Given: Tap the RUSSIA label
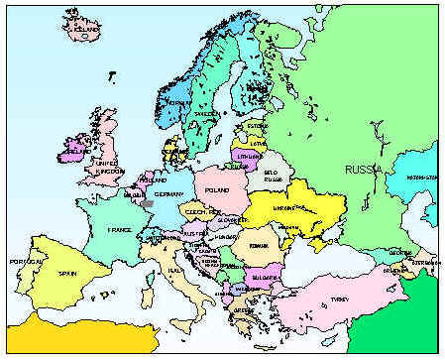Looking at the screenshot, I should click(363, 170).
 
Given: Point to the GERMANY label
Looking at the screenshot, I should click(170, 194).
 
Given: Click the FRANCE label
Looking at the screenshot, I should click(120, 229).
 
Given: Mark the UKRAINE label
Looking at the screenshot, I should click(284, 207).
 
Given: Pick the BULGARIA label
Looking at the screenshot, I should click(266, 277).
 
